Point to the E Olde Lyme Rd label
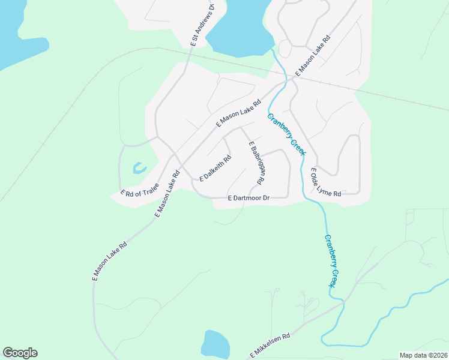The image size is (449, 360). tap(325, 184)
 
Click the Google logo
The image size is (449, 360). tap(20, 352)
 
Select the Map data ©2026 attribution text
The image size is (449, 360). tap(423, 355)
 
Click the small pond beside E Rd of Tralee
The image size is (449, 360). tap(139, 168)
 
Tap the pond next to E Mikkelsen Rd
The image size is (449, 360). tap(215, 344)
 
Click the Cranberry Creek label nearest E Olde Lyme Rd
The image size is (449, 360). tap(286, 134)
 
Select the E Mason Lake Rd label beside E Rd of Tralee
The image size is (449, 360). tap(168, 194)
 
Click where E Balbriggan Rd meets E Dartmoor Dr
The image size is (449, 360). tap(267, 197)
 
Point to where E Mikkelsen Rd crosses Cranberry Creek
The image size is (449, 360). tap(343, 302)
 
